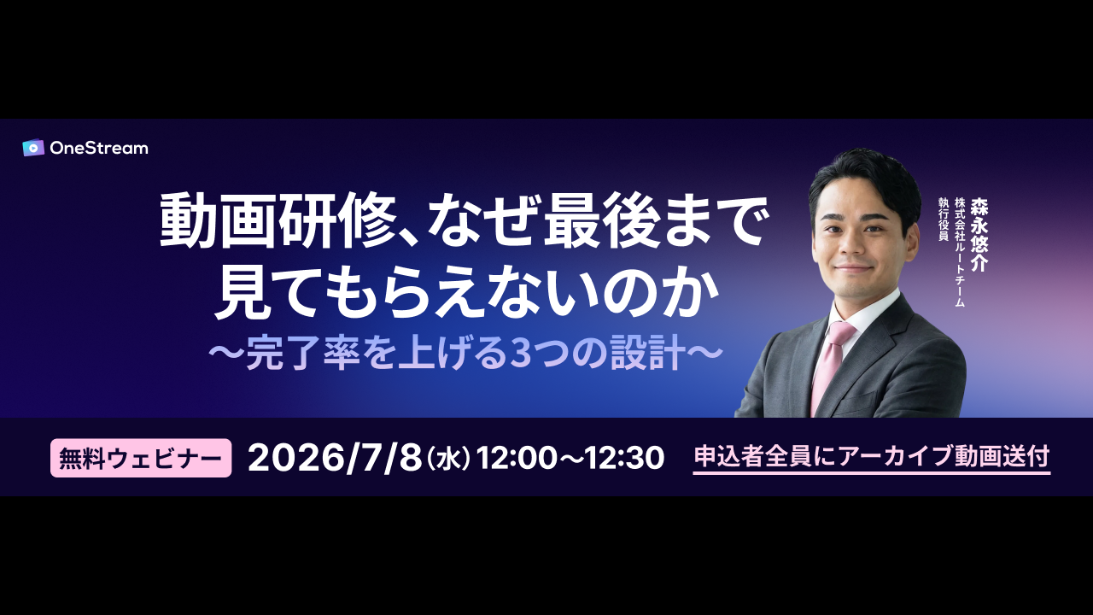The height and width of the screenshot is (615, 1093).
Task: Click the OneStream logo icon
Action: (x=33, y=148)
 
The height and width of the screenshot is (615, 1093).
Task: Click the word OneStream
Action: (x=99, y=149)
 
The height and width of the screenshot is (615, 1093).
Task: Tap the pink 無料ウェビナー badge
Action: (x=141, y=458)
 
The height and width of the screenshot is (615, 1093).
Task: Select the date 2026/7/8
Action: (x=335, y=459)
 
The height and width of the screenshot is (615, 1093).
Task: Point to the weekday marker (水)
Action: (x=448, y=459)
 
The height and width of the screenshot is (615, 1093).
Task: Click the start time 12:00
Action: (x=517, y=459)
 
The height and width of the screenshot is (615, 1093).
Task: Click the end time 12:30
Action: (x=624, y=459)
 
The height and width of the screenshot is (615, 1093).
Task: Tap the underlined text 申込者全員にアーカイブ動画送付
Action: (x=872, y=457)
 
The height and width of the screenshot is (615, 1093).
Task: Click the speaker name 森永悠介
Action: (x=979, y=234)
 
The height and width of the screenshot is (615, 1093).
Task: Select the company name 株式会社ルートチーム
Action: (x=960, y=252)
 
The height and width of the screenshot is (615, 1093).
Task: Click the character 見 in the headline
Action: (x=242, y=291)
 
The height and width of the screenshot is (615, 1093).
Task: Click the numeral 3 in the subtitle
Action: (x=518, y=354)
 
